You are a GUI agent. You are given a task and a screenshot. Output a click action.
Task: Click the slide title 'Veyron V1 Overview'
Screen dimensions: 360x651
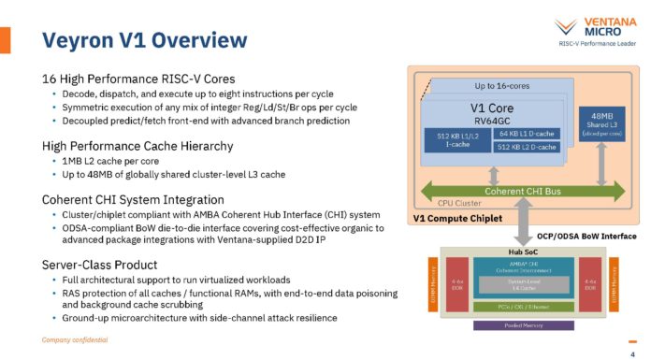[x=145, y=40]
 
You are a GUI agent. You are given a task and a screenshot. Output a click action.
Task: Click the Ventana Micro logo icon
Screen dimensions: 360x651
[x=565, y=27]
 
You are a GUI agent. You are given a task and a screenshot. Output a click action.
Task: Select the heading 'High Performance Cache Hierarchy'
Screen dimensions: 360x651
[x=137, y=146]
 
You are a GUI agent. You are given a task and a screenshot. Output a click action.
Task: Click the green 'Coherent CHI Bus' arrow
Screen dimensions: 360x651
[x=521, y=192]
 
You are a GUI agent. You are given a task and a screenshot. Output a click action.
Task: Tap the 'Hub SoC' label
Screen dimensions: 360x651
[x=521, y=252]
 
